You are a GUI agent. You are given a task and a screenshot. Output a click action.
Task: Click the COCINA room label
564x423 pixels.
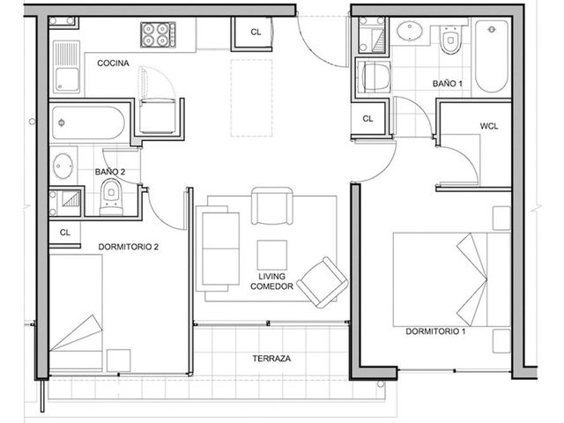pyautogui.click(x=113, y=63)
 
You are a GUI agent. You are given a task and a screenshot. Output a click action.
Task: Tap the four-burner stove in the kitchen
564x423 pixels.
pyautogui.click(x=158, y=34)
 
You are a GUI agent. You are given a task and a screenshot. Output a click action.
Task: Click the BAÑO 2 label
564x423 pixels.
pyautogui.click(x=110, y=172)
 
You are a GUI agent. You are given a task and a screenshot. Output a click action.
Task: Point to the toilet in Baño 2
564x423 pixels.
pyautogui.click(x=111, y=197)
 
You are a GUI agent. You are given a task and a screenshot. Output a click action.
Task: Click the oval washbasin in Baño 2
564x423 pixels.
pyautogui.click(x=63, y=166)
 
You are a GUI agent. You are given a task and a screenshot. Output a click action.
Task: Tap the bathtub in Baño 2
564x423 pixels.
pyautogui.click(x=87, y=122)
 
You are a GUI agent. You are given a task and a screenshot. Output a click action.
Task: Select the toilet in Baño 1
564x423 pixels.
pyautogui.click(x=450, y=40)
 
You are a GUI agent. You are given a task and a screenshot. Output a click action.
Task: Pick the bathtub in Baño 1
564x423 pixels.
pyautogui.click(x=492, y=56)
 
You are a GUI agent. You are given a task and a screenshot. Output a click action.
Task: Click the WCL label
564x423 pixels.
pyautogui.click(x=489, y=126)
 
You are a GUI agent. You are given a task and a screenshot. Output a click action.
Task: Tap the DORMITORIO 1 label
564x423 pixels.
pyautogui.click(x=435, y=331)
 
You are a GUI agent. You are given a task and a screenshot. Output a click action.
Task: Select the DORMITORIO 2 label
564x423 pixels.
pyautogui.click(x=129, y=247)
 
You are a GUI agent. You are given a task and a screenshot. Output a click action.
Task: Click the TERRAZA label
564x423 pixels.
pyautogui.click(x=271, y=359)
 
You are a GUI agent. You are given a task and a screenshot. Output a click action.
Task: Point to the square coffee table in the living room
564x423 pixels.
pyautogui.click(x=272, y=255)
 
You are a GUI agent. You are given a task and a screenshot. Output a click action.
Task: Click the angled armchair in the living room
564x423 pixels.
pyautogui.click(x=322, y=282)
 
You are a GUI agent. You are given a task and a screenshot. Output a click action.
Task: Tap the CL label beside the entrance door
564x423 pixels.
pyautogui.click(x=256, y=33)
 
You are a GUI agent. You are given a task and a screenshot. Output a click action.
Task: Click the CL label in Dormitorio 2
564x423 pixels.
pyautogui.click(x=64, y=233)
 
